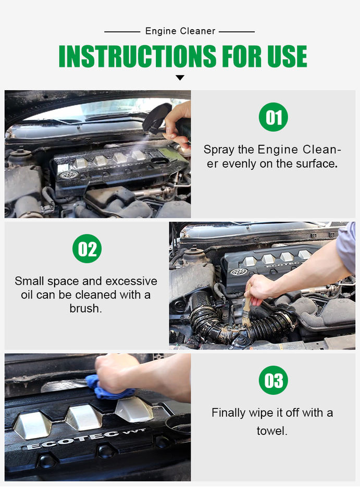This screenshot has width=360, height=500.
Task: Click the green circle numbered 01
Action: pos(274,117)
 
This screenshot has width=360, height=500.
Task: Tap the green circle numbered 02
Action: pos(87,249)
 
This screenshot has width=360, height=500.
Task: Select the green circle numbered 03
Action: pos(274,380)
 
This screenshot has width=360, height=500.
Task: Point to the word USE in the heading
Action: pos(287,56)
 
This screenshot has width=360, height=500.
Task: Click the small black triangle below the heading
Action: pos(180,78)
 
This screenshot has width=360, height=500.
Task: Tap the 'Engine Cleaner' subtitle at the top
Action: pos(180,31)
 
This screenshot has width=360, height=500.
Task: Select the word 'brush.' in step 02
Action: pos(85,308)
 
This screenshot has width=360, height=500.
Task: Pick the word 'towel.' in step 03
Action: pos(272,431)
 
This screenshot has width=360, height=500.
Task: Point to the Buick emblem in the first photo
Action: pos(69,175)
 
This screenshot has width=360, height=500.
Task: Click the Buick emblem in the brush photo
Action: pos(239,272)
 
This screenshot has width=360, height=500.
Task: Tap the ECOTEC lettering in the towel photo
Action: pos(86,439)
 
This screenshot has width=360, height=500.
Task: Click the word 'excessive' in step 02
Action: pos(131,281)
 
